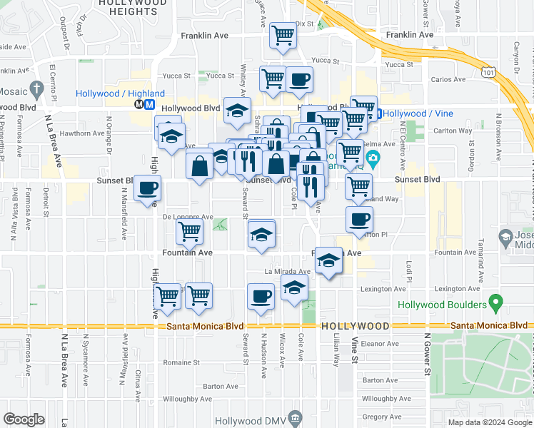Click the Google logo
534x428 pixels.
(24, 419)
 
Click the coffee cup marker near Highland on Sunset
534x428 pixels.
(147, 189)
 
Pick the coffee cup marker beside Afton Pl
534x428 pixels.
(358, 218)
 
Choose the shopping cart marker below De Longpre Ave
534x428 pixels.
(189, 230)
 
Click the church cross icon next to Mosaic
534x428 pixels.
(38, 91)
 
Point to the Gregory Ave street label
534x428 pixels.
(379, 417)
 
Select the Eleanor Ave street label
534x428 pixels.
(378, 343)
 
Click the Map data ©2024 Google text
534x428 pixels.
(489, 422)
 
